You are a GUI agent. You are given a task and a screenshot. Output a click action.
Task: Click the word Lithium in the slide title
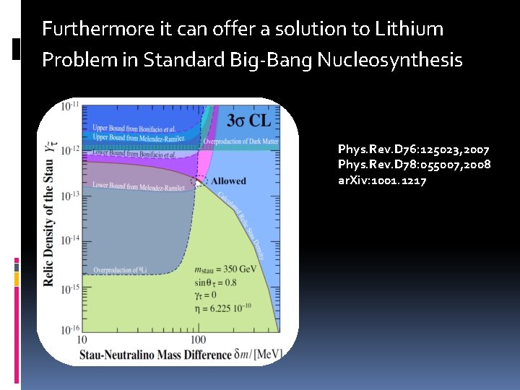pos(409,29)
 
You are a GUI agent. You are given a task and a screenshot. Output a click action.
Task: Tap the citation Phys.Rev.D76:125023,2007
pos(413,149)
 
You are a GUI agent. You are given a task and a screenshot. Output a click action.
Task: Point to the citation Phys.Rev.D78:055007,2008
pos(414,165)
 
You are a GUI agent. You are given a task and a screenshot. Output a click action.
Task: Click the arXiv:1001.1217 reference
pos(382,180)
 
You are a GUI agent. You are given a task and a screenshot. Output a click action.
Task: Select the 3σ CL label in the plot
pos(249,120)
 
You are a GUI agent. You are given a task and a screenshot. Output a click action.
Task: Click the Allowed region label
pos(227,181)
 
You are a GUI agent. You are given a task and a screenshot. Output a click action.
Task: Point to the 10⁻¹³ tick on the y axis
pos(69,196)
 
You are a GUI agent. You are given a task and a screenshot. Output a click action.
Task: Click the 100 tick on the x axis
pos(196,339)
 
